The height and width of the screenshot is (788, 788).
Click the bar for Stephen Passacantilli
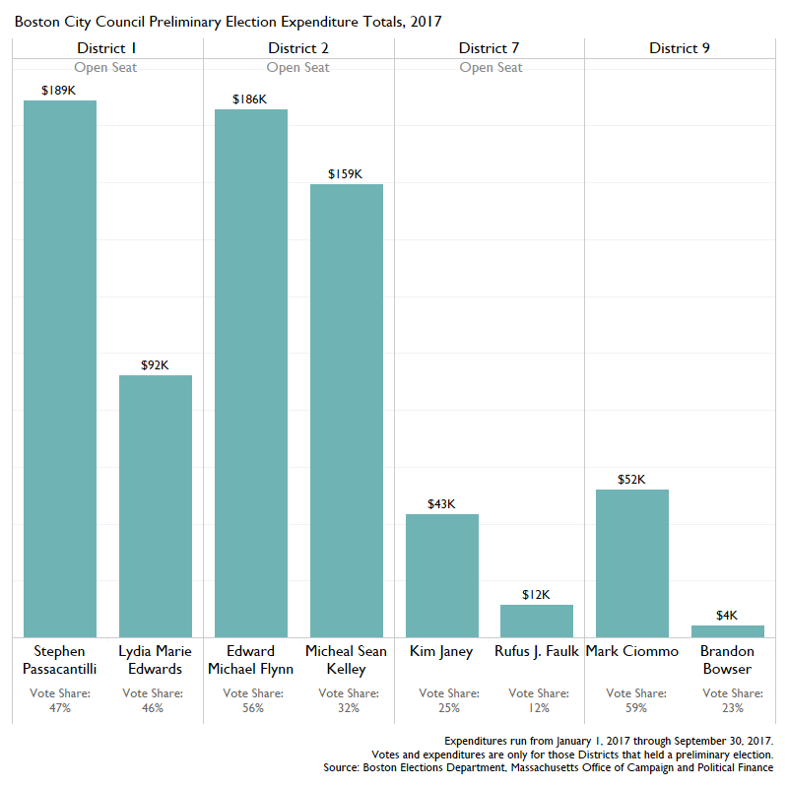[60, 368]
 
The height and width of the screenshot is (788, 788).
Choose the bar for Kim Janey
[442, 575]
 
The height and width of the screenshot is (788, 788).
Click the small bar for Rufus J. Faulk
[537, 621]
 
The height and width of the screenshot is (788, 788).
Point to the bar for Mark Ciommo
[632, 562]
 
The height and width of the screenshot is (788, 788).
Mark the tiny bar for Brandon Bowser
[728, 631]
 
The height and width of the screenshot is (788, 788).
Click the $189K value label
[59, 90]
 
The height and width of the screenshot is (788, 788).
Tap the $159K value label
[346, 173]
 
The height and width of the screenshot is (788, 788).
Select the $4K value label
[727, 615]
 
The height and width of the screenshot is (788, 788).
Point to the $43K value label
[441, 503]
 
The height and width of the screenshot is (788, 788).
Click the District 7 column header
[490, 48]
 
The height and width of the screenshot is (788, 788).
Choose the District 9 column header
[680, 48]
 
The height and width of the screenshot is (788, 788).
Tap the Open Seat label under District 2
[299, 68]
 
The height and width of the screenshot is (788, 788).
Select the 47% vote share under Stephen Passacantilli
[60, 708]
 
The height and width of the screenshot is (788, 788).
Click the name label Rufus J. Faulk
[537, 651]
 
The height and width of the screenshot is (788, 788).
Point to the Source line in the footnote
[549, 767]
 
